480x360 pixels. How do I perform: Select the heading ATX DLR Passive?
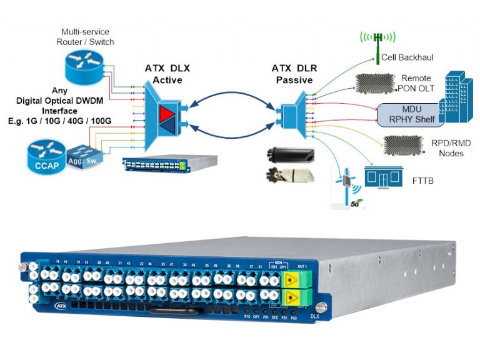point(294,74)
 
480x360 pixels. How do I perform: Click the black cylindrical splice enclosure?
point(287,154)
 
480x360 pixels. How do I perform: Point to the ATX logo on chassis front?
point(61,306)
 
